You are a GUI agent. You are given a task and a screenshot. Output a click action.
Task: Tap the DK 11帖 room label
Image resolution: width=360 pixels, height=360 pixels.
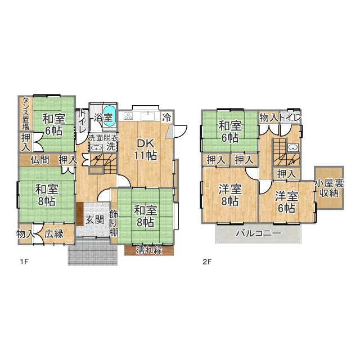tap(146, 150)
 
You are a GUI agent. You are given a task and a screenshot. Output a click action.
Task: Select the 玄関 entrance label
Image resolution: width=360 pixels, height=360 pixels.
tap(95, 220)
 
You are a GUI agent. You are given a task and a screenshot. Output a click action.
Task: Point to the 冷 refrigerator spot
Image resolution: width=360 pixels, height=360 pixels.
tap(167, 118)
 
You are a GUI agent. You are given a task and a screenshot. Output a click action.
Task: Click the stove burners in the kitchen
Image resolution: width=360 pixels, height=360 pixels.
tap(128, 116)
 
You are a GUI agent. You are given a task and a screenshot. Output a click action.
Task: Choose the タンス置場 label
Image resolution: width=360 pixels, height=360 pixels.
tap(25, 114)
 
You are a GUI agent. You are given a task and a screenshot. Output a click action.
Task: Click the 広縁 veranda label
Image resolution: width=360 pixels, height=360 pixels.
tap(54, 234)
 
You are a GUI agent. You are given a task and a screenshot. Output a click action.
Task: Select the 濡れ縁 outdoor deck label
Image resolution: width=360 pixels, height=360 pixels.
tap(149, 250)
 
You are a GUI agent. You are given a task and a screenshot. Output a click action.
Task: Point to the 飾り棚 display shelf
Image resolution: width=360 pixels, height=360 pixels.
tap(114, 223)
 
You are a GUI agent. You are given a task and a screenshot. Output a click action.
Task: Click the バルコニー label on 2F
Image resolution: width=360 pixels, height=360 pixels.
tap(259, 233)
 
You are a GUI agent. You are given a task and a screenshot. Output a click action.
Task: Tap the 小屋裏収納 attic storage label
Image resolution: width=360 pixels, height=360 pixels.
tap(329, 188)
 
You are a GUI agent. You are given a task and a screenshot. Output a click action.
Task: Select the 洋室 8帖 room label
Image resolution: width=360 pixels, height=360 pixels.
tap(230, 195)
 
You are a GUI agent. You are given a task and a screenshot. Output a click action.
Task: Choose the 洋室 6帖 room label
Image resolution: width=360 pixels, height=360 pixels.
tap(286, 202)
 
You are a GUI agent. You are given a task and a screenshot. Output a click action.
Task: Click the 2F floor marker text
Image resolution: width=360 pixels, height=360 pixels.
tap(206, 262)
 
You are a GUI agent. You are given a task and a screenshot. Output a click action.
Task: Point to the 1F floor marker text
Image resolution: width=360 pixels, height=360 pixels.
tap(24, 262)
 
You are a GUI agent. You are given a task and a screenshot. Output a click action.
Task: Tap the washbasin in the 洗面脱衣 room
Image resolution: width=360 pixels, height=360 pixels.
tap(96, 148)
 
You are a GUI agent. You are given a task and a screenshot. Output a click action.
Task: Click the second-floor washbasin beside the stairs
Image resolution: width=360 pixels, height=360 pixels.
tap(292, 147)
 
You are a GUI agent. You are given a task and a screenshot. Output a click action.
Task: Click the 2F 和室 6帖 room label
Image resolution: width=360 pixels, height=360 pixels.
tap(230, 132)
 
